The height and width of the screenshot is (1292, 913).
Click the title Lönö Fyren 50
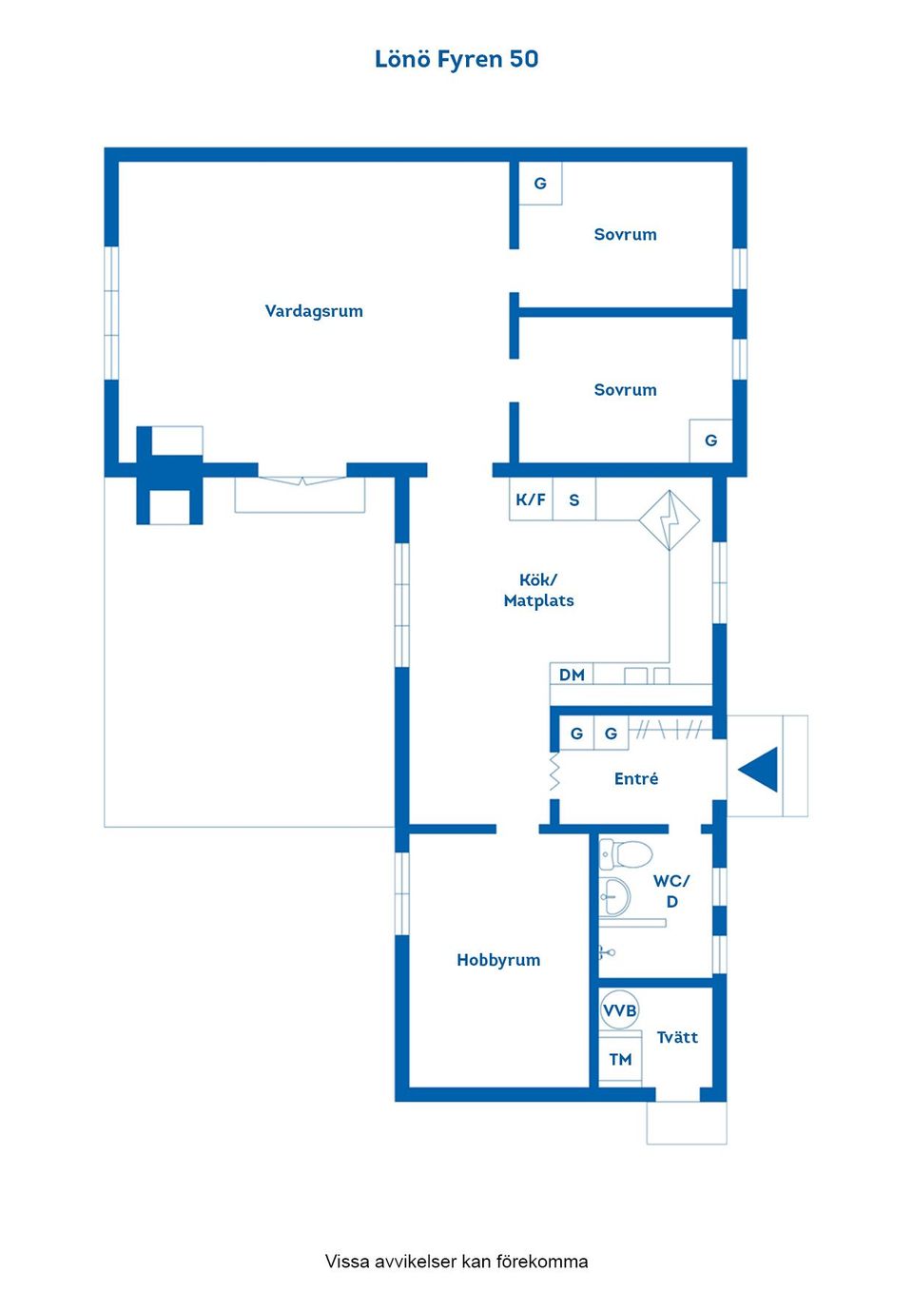pyautogui.click(x=456, y=59)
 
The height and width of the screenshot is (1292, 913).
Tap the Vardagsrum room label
pyautogui.click(x=314, y=311)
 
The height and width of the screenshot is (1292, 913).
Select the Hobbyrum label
pyautogui.click(x=498, y=960)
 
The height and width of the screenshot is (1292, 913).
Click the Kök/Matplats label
pyautogui.click(x=538, y=590)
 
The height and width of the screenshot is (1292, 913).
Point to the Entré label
pyautogui.click(x=635, y=778)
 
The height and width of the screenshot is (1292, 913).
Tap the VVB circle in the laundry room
pyautogui.click(x=619, y=1010)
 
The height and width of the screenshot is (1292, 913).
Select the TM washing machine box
pyautogui.click(x=620, y=1058)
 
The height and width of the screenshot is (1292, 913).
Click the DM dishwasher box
pyautogui.click(x=572, y=674)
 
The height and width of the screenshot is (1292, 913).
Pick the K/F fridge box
pyautogui.click(x=531, y=499)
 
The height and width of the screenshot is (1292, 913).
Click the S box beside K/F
pyautogui.click(x=574, y=499)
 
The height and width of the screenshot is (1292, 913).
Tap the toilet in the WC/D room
pyautogui.click(x=626, y=853)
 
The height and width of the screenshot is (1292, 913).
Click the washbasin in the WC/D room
pyautogui.click(x=615, y=896)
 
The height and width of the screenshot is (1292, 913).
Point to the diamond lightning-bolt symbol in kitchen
pyautogui.click(x=670, y=520)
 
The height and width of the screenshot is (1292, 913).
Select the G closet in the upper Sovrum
pyautogui.click(x=540, y=184)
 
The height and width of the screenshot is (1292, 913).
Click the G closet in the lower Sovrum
pyautogui.click(x=710, y=440)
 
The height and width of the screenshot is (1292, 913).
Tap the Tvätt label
pyautogui.click(x=677, y=1037)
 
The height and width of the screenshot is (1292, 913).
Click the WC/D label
pyautogui.click(x=671, y=891)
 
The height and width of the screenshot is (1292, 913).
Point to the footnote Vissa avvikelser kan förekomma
pyautogui.click(x=456, y=1262)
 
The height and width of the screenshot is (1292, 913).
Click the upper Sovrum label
pyautogui.click(x=626, y=234)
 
